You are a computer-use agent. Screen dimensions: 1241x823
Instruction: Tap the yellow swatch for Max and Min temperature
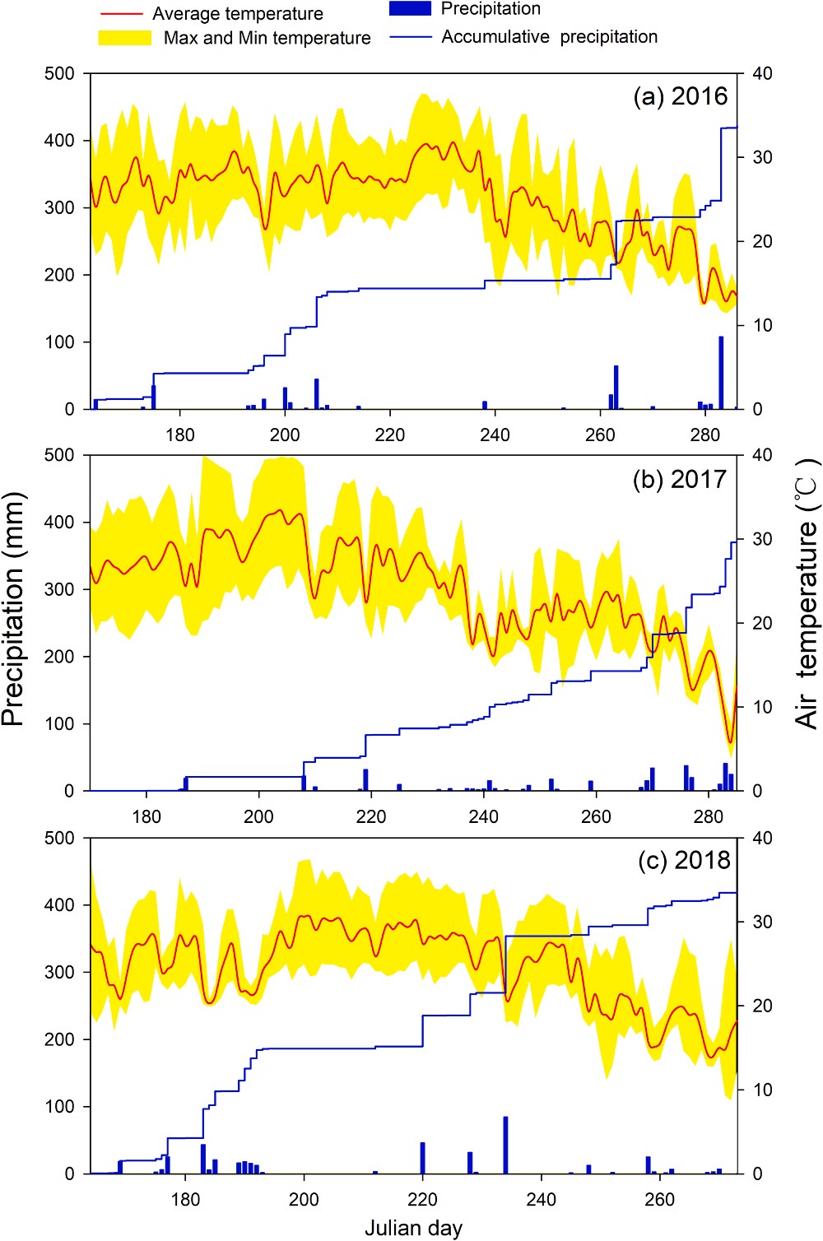(x=125, y=38)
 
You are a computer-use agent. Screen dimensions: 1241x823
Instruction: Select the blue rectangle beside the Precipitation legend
(x=410, y=8)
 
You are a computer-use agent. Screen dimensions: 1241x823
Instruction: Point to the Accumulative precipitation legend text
(x=549, y=37)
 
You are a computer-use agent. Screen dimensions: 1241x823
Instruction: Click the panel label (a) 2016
(x=681, y=96)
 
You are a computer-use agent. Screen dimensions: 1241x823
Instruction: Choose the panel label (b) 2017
(x=680, y=479)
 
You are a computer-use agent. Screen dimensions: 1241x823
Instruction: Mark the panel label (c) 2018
(x=684, y=860)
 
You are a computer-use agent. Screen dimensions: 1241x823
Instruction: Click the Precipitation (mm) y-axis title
(x=14, y=609)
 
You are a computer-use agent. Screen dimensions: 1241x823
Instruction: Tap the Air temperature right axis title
(x=807, y=593)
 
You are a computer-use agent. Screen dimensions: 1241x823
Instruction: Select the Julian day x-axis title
(x=413, y=1229)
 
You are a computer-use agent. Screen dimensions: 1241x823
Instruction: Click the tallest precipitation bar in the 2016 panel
(x=721, y=372)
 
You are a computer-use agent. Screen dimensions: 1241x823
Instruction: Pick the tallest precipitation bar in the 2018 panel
(x=505, y=1145)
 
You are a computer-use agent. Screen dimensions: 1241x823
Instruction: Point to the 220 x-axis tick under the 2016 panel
(x=389, y=435)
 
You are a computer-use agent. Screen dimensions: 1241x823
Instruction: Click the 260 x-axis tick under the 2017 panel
(x=596, y=816)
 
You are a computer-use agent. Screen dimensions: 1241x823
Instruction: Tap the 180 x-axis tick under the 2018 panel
(x=185, y=1199)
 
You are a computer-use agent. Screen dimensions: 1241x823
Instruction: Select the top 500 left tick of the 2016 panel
(x=59, y=73)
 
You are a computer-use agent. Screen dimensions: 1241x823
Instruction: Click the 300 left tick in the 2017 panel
(x=59, y=589)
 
